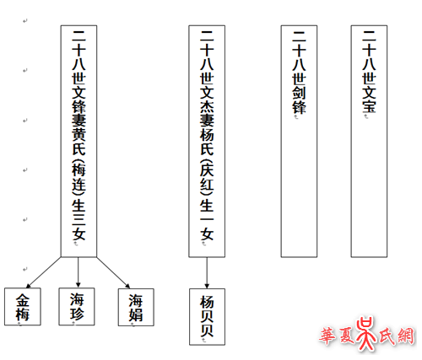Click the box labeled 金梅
pyautogui.click(x=23, y=307)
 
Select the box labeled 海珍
pyautogui.click(x=77, y=307)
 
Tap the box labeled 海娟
pyautogui.click(x=136, y=307)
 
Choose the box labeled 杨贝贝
pyautogui.click(x=207, y=317)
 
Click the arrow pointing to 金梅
pyautogui.click(x=44, y=272)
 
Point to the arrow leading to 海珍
pyautogui.click(x=78, y=272)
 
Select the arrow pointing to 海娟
pyautogui.click(x=113, y=272)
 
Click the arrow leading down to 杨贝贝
pyautogui.click(x=207, y=272)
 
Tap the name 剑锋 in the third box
pyautogui.click(x=299, y=99)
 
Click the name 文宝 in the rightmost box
pyautogui.click(x=369, y=99)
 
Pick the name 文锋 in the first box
pyautogui.click(x=78, y=99)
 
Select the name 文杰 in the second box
pyautogui.click(x=207, y=99)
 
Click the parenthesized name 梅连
pyautogui.click(x=78, y=178)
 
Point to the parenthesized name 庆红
pyautogui.click(x=207, y=178)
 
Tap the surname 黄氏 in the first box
pyautogui.click(x=78, y=142)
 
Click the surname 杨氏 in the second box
pyautogui.click(x=207, y=142)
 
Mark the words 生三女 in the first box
pyautogui.click(x=78, y=220)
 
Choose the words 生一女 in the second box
pyautogui.click(x=207, y=220)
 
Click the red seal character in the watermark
pyautogui.click(x=365, y=334)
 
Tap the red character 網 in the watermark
pyautogui.click(x=405, y=336)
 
